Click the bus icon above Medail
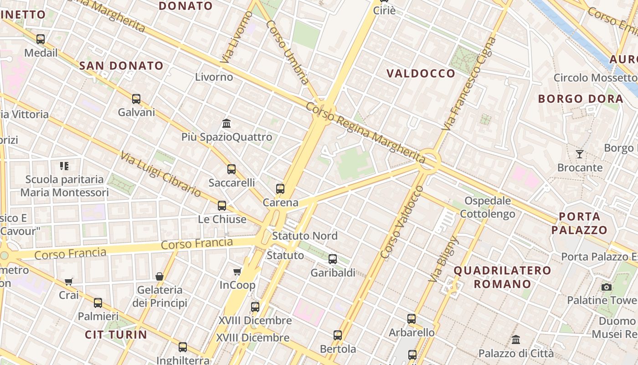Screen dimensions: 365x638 click(x=41, y=39)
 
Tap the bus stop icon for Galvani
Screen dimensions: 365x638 click(x=136, y=99)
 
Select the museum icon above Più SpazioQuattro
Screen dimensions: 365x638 click(x=226, y=123)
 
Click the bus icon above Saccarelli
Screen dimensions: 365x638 click(x=232, y=169)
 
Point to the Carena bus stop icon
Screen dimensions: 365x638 click(x=280, y=188)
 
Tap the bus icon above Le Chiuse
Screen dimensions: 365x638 click(x=222, y=205)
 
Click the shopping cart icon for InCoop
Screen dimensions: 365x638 click(x=237, y=271)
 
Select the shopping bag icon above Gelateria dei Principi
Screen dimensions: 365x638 click(x=159, y=276)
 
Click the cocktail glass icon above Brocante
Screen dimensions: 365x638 click(x=580, y=154)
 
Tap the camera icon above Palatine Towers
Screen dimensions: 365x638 click(x=606, y=287)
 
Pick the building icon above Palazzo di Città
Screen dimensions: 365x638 click(x=516, y=339)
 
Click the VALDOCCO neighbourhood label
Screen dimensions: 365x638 click(x=421, y=73)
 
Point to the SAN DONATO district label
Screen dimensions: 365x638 click(x=121, y=66)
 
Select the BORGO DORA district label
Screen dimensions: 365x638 click(x=581, y=99)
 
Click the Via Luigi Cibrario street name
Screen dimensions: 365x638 click(x=160, y=174)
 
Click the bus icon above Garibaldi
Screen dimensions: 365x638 click(x=333, y=259)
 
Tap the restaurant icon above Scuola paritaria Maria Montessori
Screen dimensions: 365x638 click(x=64, y=166)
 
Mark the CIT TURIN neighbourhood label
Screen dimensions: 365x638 click(x=116, y=334)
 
